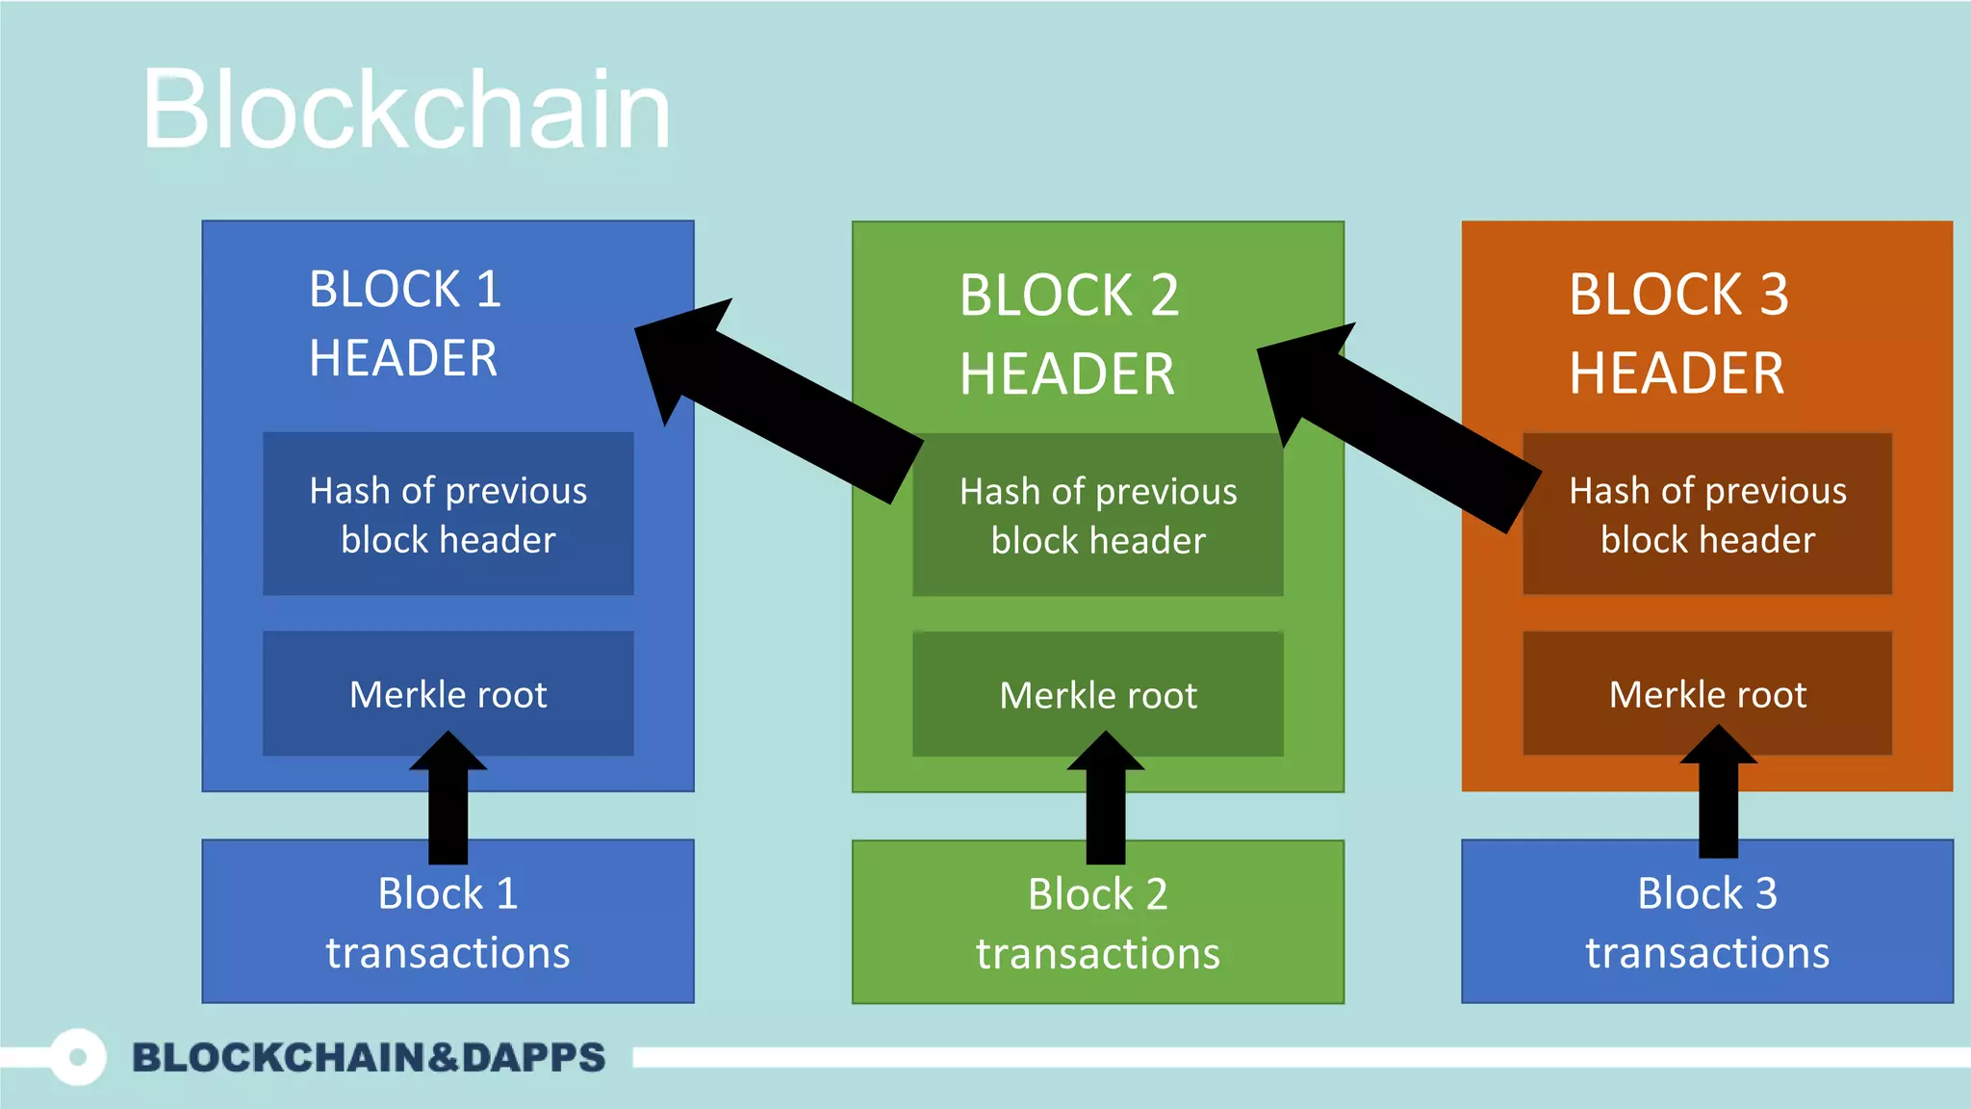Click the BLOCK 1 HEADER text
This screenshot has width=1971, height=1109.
404,323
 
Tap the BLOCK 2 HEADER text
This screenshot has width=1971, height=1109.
1068,334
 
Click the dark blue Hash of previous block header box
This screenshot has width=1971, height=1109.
448,514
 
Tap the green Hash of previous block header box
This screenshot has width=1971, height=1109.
1098,516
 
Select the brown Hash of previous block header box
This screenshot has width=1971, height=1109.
1707,514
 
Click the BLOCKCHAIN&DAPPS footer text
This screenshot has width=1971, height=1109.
369,1057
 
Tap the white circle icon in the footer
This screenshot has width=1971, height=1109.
78,1057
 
